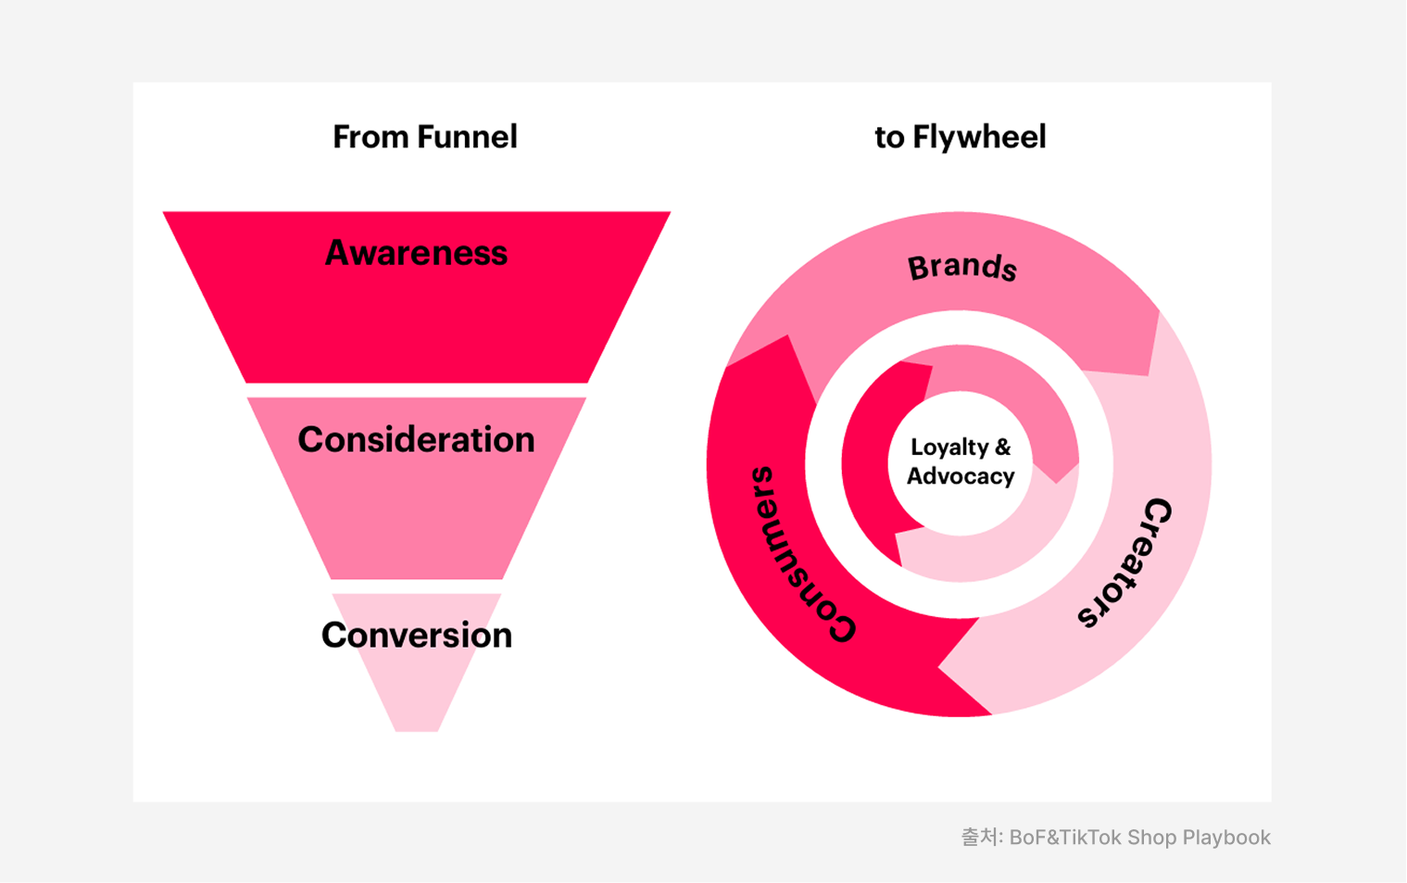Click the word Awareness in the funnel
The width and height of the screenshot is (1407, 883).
click(x=416, y=253)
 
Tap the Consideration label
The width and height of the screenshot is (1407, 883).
click(x=416, y=440)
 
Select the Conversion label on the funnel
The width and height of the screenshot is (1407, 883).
click(x=416, y=636)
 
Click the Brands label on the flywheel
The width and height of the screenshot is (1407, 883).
click(x=961, y=268)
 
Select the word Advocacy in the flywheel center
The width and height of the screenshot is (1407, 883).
click(x=961, y=476)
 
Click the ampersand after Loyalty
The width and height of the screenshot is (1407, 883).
click(x=1002, y=447)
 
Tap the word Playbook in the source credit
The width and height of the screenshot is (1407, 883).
click(x=1226, y=838)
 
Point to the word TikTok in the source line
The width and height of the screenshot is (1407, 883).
click(x=1090, y=838)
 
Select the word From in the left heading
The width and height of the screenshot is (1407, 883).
click(x=371, y=137)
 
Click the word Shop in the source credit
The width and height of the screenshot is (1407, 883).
click(x=1152, y=838)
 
